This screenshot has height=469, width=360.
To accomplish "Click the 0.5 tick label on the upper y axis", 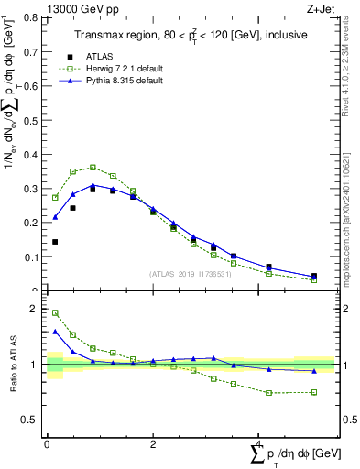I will click(31, 120).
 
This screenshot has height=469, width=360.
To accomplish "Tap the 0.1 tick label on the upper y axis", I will click(31, 257).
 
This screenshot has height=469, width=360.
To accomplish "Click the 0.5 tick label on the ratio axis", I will click(31, 420).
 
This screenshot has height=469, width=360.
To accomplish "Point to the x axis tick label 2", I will click(152, 444).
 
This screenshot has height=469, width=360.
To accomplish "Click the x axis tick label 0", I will click(47, 444).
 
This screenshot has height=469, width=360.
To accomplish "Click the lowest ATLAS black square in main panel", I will click(313, 276).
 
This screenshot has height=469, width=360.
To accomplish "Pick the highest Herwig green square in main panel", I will click(93, 168).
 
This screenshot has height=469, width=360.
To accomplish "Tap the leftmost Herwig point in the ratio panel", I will click(55, 312).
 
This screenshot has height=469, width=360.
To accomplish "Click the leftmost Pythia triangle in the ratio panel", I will click(55, 332).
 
